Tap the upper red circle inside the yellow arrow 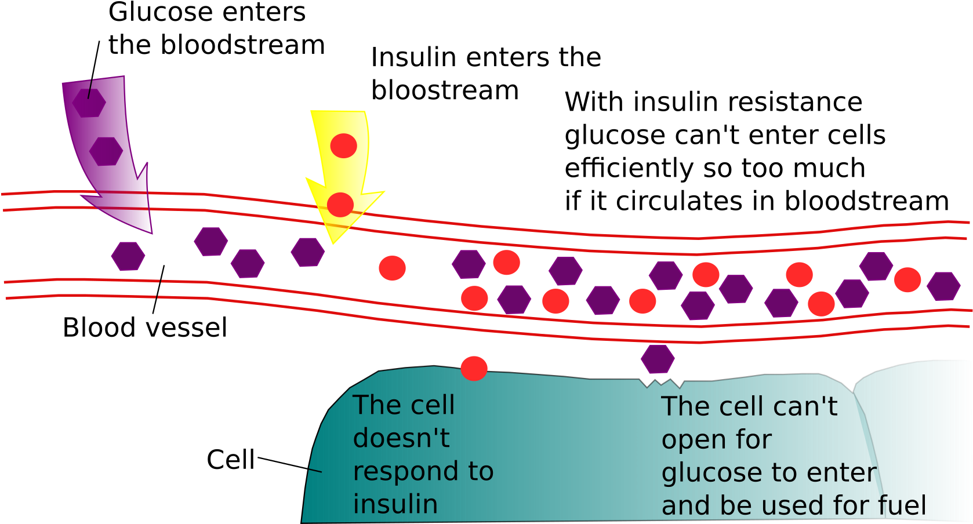pos(344,145)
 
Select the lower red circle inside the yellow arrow pos(340,205)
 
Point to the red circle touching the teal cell pos(474,368)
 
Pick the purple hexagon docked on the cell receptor pos(658,359)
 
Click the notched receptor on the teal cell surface pos(662,383)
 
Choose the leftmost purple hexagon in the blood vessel pos(128,256)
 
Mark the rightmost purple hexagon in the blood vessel pos(943,286)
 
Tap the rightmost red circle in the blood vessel pos(907,280)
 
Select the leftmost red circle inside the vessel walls pos(393,268)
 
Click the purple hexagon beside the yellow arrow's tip pos(308,252)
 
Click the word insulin pos(395,504)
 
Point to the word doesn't pos(401,438)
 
